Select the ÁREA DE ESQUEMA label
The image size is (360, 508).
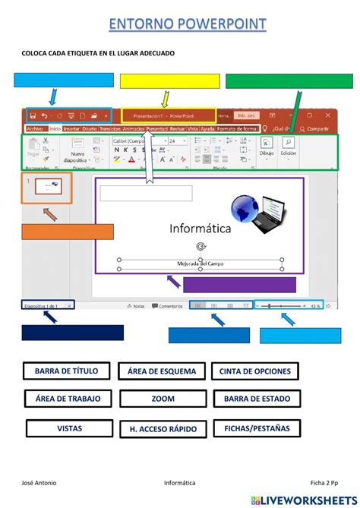pos(162,371)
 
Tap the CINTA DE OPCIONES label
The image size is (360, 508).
pos(254,371)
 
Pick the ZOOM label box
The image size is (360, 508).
pos(162,399)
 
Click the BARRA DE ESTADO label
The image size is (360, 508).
pos(254,399)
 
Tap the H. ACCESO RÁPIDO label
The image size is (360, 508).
pos(162,429)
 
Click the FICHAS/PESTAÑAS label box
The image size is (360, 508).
pos(255,428)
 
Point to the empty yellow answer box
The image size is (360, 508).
pos(169,81)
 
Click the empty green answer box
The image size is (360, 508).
pos(289,81)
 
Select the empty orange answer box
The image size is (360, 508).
pos(68,232)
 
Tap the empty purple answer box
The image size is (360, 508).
pos(239,285)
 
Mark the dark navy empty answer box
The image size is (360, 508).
pos(72,333)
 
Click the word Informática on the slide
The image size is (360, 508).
pos(201,228)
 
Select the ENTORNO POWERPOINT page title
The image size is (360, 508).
pos(187,24)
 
